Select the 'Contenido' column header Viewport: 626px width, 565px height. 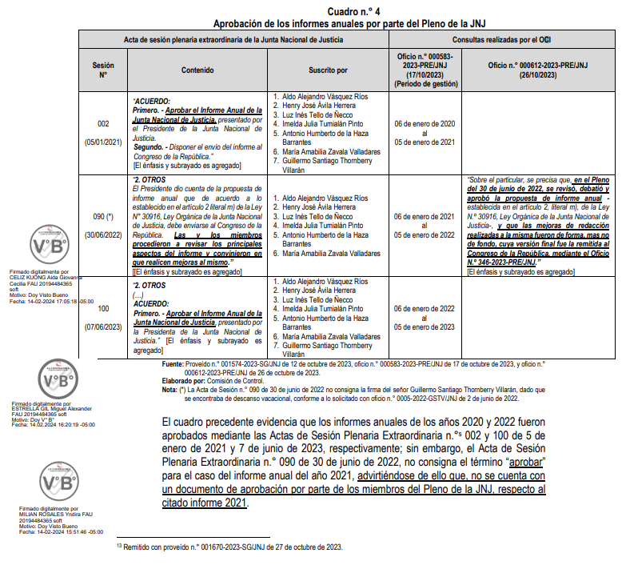pos(197,70)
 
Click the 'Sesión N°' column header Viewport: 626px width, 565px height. pos(103,70)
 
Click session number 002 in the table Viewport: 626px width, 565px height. pos(103,124)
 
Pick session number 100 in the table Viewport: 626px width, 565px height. pos(103,308)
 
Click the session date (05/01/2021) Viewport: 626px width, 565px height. pos(103,142)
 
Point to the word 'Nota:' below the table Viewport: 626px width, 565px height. pos(169,390)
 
